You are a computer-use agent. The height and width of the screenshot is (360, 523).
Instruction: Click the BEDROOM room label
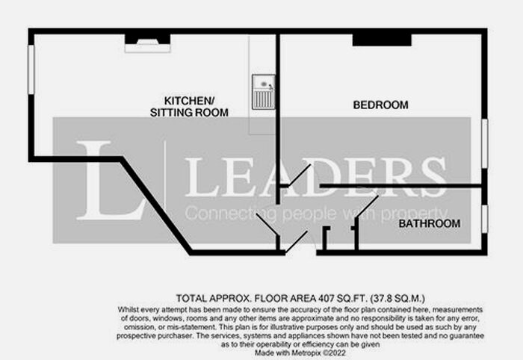tap(380, 105)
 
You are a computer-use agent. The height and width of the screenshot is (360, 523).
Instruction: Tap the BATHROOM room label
tap(430, 223)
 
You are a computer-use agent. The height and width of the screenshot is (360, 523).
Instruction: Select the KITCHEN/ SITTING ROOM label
tap(189, 107)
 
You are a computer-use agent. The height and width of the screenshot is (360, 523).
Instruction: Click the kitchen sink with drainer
tap(264, 93)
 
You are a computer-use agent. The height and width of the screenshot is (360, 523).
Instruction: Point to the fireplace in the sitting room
tap(147, 43)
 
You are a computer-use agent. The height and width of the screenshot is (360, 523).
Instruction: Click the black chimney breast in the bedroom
tap(382, 40)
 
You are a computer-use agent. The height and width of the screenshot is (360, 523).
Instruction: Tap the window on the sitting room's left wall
tap(31, 69)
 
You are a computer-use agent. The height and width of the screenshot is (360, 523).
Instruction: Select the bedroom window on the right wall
tap(485, 143)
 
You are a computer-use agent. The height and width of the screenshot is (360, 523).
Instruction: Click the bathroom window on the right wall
tap(485, 219)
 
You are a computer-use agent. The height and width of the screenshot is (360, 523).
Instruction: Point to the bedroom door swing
tap(300, 175)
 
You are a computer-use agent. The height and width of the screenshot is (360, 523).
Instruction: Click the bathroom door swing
tap(367, 207)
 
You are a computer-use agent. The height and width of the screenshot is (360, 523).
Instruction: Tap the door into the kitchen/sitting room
tap(267, 224)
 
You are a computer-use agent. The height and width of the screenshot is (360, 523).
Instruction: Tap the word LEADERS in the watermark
tap(316, 177)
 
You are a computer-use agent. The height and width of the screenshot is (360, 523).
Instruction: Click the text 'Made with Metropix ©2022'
tap(300, 353)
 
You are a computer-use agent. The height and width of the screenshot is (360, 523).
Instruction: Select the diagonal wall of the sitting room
tap(156, 205)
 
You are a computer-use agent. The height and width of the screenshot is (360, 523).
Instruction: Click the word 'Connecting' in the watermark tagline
tap(230, 214)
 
